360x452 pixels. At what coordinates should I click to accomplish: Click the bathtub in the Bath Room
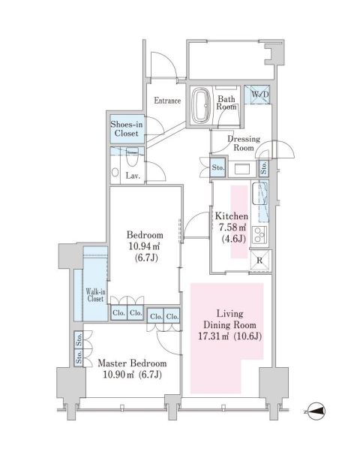[201, 105]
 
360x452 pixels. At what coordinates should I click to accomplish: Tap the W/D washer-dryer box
[257, 95]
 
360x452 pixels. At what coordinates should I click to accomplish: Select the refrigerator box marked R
[260, 260]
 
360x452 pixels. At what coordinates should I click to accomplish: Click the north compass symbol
[316, 411]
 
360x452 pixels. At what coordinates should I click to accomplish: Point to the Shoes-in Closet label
[127, 129]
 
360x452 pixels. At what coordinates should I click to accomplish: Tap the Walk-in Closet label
[95, 295]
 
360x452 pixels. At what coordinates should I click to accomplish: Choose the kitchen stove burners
[259, 235]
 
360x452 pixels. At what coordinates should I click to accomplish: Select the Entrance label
[167, 101]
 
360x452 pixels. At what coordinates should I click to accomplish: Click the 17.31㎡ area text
[213, 336]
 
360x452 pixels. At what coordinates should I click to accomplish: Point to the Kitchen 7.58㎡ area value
[232, 228]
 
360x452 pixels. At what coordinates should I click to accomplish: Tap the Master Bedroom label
[132, 363]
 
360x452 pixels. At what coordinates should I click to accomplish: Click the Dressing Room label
[244, 143]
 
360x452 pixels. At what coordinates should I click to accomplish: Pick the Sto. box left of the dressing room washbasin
[217, 167]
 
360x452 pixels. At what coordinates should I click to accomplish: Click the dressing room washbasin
[242, 169]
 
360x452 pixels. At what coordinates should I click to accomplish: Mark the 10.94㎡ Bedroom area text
[143, 246]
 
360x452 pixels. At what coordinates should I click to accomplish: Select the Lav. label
[133, 176]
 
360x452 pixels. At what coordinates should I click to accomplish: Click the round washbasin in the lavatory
[115, 173]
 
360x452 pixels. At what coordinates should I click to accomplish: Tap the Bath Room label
[226, 103]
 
